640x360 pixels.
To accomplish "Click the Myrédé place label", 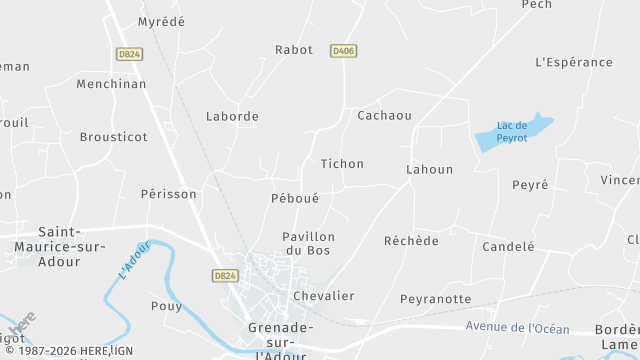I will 160,21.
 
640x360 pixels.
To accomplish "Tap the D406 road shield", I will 344,50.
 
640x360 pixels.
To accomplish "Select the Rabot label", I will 294,49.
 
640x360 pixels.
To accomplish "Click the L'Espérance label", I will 574,62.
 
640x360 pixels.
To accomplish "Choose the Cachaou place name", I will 384,115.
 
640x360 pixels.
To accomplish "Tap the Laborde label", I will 232,116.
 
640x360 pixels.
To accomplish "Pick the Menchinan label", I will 111,84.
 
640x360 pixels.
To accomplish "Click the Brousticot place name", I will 113,137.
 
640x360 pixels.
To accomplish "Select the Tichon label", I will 342,163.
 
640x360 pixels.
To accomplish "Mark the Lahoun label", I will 429,169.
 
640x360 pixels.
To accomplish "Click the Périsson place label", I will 169,194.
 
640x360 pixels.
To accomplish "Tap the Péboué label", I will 295,199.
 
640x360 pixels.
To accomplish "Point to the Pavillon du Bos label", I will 308,243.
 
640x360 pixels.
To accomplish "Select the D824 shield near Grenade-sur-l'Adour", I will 225,275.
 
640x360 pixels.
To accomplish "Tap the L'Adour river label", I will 133,260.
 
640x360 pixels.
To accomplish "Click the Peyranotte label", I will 435,298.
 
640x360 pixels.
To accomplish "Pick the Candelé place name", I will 508,246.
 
